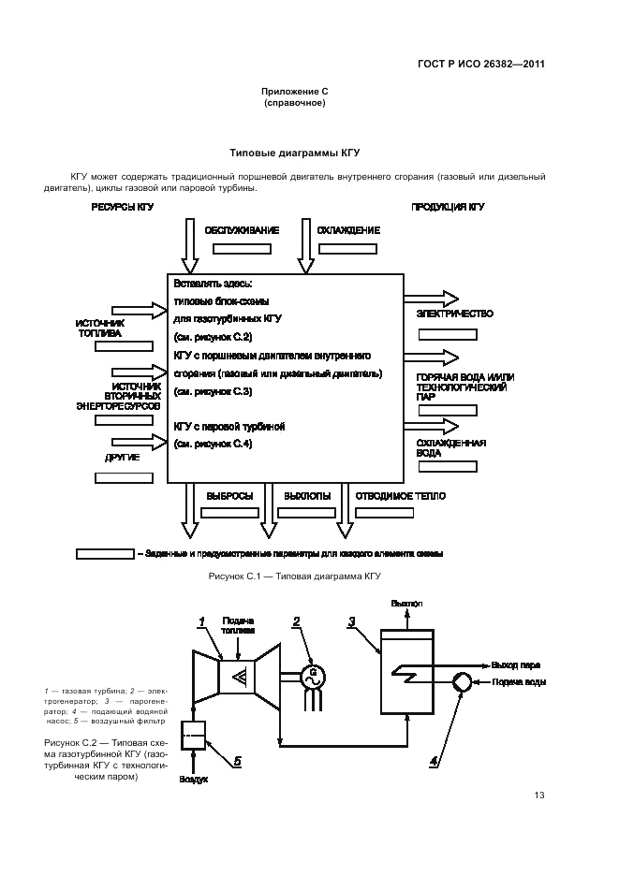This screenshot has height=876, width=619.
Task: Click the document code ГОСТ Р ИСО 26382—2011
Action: point(480,65)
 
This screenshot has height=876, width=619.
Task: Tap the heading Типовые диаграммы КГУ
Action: point(295,152)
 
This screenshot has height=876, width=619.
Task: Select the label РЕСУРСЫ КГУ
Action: point(122,206)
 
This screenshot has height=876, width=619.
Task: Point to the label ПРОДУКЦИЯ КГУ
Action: point(449,206)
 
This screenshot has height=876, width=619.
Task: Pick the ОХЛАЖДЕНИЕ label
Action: point(347,229)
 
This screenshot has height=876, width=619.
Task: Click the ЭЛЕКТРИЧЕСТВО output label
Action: point(454,314)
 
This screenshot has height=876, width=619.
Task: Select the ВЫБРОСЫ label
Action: point(230,496)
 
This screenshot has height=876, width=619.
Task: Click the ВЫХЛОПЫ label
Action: point(307,496)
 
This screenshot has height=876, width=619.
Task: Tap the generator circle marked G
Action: point(314,674)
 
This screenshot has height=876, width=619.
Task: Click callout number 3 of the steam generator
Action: point(351,620)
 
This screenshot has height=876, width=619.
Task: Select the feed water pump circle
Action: point(462,682)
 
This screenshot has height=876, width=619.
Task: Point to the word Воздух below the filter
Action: point(194,779)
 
